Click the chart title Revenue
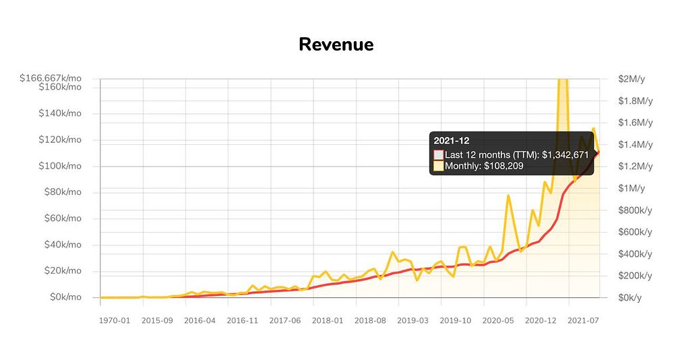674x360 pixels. tap(336, 44)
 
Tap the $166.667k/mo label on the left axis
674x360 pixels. tap(51, 78)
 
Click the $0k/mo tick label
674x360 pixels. tap(65, 297)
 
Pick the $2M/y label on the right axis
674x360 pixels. tap(632, 79)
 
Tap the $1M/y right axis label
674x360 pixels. tap(632, 188)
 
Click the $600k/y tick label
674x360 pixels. tap(635, 232)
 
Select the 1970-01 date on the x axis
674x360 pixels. tap(115, 321)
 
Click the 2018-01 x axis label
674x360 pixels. tap(328, 321)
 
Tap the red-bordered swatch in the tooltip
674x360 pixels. tap(439, 154)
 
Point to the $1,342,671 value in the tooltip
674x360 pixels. tap(565, 154)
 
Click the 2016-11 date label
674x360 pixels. tap(243, 321)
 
